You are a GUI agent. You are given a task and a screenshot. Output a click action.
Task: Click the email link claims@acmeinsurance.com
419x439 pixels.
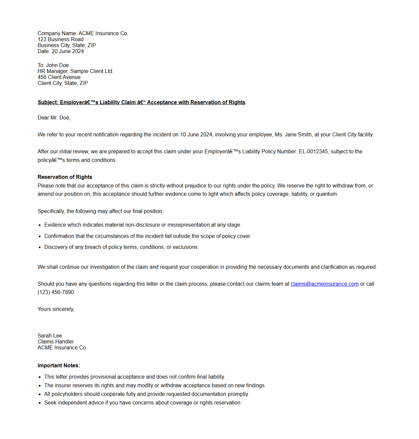coord(324,284)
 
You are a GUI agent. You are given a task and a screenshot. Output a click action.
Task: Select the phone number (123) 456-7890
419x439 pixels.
coord(56,292)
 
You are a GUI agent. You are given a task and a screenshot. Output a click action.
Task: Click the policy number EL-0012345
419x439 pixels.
coord(313,152)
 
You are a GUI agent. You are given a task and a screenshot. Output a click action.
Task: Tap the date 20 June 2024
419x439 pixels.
coord(68,51)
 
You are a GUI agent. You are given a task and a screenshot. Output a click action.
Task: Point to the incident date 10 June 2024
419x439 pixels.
coord(196,135)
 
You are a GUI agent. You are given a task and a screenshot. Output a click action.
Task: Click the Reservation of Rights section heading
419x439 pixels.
coord(65,177)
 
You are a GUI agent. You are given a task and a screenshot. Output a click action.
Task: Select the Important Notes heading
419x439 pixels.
coord(59,366)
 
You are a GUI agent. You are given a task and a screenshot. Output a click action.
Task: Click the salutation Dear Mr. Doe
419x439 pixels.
coord(54,118)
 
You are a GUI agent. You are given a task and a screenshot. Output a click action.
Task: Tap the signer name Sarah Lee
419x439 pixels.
coord(50,336)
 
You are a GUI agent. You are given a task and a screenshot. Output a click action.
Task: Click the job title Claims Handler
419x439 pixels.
coord(56,342)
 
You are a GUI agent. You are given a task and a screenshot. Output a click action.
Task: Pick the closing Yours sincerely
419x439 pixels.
coord(56,309)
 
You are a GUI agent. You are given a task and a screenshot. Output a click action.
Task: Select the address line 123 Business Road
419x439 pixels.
coord(60,39)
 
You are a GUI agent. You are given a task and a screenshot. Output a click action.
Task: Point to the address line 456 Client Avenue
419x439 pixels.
coord(59,77)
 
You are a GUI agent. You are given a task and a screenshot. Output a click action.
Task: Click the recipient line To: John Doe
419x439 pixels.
coord(53,65)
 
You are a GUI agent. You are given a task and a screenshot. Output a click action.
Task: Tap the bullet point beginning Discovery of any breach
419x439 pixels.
coord(121,247)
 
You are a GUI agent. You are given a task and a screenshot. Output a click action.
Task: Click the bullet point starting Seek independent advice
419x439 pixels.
coord(143,403)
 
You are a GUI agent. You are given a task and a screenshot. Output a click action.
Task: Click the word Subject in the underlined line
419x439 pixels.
coord(47,103)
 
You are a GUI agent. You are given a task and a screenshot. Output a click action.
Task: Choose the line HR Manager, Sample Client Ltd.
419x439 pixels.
coord(75,71)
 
